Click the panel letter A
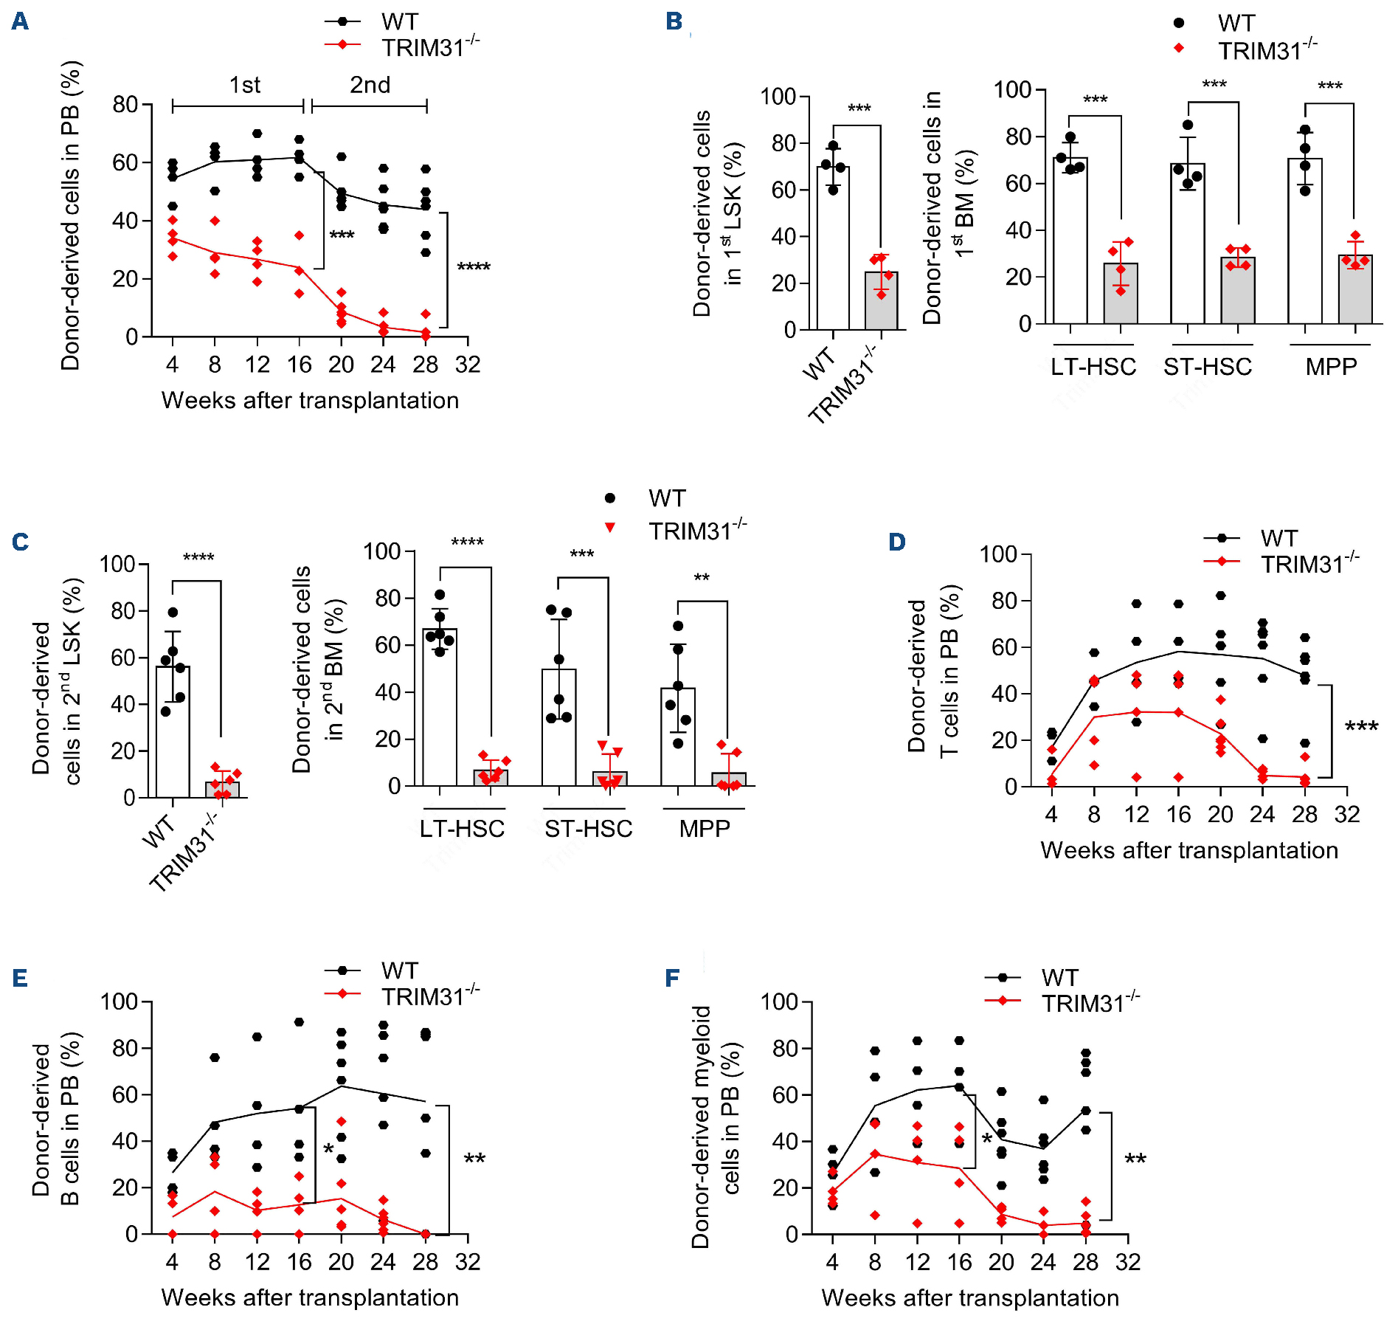tap(20, 21)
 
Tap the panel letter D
tap(896, 542)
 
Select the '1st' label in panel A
tap(245, 86)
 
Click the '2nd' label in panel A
tap(370, 86)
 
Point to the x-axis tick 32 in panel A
tap(468, 365)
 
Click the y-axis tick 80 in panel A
tap(125, 105)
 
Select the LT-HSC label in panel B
tap(1093, 367)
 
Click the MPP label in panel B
tap(1331, 367)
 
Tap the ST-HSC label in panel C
tap(588, 829)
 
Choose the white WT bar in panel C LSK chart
tap(173, 731)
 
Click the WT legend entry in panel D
tap(1278, 539)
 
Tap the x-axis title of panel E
tap(310, 1297)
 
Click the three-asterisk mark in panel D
tap(1361, 728)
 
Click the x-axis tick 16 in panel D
tap(1178, 815)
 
